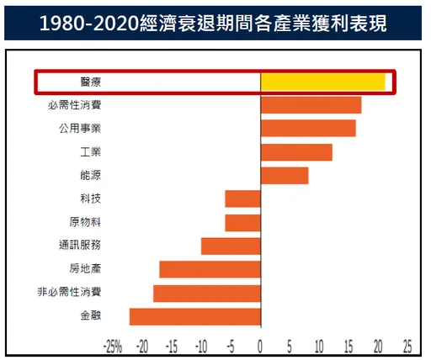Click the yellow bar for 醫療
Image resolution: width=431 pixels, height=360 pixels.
click(x=322, y=82)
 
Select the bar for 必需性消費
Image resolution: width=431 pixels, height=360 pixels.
click(x=311, y=105)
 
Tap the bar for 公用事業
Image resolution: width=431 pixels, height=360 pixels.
click(x=308, y=128)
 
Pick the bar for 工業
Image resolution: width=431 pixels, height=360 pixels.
click(x=296, y=151)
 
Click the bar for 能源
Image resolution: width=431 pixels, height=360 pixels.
click(x=285, y=175)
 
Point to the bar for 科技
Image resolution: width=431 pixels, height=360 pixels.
click(x=243, y=199)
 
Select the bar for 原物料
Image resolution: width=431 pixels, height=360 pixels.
click(x=243, y=222)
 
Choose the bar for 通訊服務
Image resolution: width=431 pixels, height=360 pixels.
click(x=231, y=246)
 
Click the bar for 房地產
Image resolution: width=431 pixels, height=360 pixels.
click(x=210, y=269)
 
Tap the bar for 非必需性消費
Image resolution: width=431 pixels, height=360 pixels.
click(x=207, y=293)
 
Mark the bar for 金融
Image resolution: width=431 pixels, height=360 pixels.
click(x=195, y=316)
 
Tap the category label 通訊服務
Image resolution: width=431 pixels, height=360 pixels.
click(x=80, y=246)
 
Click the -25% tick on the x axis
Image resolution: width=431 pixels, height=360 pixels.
click(x=113, y=345)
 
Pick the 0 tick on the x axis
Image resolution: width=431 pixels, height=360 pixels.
click(x=261, y=345)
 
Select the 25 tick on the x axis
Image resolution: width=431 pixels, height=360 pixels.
click(x=407, y=345)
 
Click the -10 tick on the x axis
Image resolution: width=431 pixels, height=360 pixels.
click(x=200, y=345)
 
